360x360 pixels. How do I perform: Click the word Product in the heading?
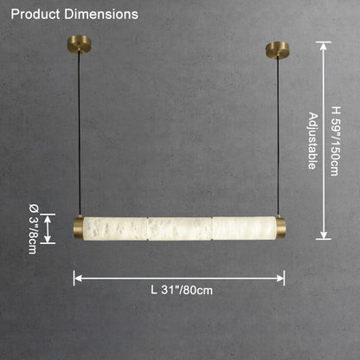pos(35,15)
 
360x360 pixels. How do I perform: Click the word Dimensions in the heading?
pos(101,15)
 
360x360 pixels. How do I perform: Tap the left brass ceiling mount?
pos(79,44)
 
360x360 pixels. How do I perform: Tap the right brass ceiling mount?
pos(278,49)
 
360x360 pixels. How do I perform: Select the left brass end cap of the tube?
pos(79,228)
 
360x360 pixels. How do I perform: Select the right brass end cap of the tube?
pos(280,228)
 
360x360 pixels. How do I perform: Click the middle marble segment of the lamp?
pos(180,228)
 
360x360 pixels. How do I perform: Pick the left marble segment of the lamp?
pos(116,228)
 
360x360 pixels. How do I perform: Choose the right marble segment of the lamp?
pos(244,228)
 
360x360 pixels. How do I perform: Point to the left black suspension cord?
pos(79,133)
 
